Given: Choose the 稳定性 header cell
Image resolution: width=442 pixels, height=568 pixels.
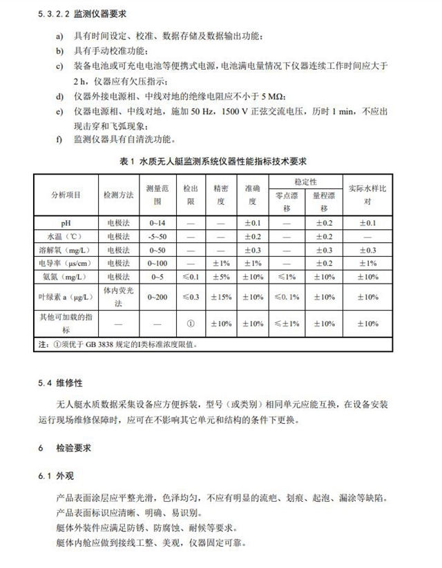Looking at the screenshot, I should click(305, 182).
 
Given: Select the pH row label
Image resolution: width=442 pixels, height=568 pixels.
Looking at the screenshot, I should click(66, 223).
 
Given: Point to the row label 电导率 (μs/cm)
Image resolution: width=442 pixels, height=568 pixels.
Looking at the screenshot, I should click(66, 263).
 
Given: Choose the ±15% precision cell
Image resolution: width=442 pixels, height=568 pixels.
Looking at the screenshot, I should click(221, 297).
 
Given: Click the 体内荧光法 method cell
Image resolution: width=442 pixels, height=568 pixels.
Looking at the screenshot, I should click(117, 297).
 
